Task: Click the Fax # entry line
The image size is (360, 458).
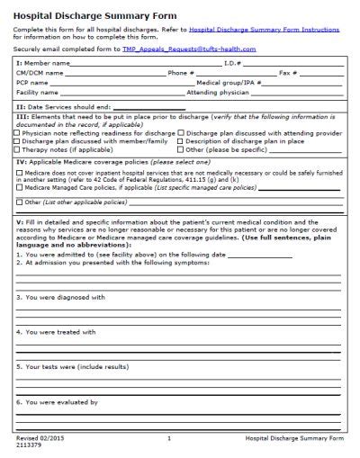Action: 320,74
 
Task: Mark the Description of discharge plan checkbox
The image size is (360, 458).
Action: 182,141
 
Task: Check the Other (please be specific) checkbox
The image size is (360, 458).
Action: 182,149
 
